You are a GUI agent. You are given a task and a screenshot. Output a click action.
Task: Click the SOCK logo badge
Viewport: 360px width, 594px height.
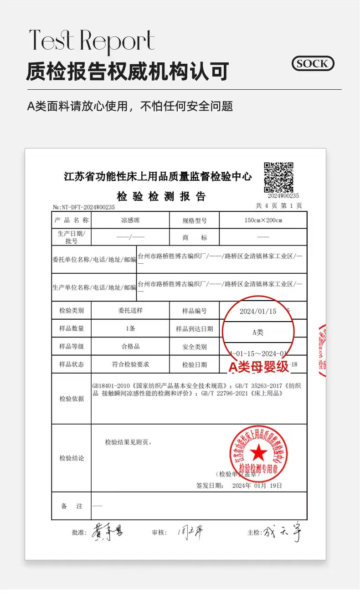(x=313, y=64)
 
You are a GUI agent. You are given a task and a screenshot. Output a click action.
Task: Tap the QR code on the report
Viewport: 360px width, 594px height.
(x=278, y=177)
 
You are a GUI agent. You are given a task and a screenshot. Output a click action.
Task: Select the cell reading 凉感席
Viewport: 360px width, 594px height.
(x=130, y=220)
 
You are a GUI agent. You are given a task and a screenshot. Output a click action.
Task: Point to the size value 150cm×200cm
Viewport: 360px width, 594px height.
(x=263, y=220)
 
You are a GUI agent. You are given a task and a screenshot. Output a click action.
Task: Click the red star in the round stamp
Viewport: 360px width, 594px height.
(x=258, y=452)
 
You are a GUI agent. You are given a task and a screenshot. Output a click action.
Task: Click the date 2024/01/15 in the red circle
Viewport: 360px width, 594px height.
(x=258, y=312)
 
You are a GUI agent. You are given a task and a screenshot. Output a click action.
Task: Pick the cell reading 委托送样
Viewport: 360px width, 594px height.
(x=130, y=311)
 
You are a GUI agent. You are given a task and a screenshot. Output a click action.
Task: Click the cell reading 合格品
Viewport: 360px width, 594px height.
(x=130, y=346)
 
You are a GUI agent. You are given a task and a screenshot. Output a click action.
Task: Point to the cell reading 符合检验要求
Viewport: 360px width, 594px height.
(x=130, y=364)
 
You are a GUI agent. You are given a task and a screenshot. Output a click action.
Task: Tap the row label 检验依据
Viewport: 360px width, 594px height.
(x=72, y=399)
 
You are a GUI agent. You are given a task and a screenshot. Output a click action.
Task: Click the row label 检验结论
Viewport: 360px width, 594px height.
(x=72, y=458)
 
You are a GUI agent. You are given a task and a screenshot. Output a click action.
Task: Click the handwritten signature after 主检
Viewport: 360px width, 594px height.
(x=283, y=532)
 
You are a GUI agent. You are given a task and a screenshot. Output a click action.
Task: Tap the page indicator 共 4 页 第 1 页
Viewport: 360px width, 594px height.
(x=279, y=206)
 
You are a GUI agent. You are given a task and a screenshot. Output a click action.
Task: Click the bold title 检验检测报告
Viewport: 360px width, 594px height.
(x=161, y=197)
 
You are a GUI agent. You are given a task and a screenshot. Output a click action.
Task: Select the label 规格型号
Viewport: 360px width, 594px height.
(x=195, y=220)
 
